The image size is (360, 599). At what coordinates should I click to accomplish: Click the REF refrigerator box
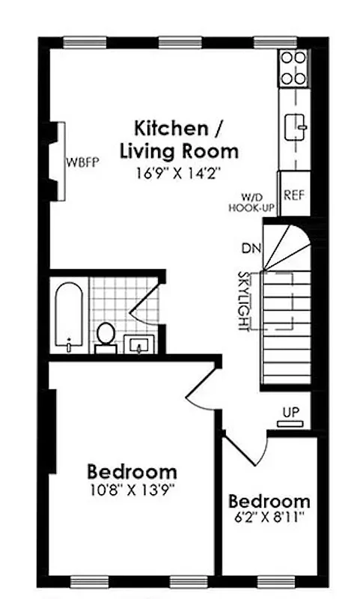(293, 195)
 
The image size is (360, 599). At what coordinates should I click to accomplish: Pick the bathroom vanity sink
(139, 345)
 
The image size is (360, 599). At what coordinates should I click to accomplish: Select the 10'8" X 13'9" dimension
(132, 491)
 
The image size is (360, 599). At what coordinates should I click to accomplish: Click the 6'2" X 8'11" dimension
(269, 518)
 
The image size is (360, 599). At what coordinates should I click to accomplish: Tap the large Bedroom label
(132, 472)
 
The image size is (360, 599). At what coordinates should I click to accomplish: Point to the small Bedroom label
(269, 501)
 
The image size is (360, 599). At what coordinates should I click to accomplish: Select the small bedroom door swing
(248, 446)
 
